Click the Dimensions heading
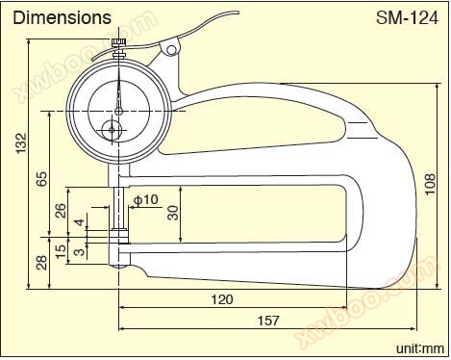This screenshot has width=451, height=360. tap(62, 17)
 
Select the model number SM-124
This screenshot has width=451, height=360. tap(407, 18)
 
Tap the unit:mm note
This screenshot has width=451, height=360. tap(420, 348)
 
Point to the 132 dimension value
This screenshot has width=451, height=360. tap(21, 142)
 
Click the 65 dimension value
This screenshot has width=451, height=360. tap(41, 179)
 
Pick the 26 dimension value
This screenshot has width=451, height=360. tap(61, 211)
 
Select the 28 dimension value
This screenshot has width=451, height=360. tap(41, 263)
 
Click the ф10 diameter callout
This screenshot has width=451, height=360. tap(146, 199)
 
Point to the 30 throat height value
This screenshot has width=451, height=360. tap(173, 213)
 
